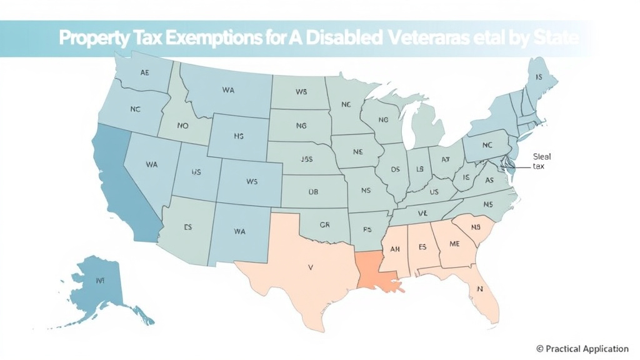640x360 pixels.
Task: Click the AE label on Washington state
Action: [145, 72]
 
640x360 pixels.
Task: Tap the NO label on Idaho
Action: [182, 126]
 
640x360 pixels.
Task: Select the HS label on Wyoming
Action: [238, 136]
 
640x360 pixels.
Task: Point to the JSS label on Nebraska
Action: [306, 159]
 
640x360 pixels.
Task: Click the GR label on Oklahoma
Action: [324, 224]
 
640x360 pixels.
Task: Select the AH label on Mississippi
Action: [395, 249]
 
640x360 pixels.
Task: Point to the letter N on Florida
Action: [481, 289]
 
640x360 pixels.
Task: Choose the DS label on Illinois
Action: [395, 169]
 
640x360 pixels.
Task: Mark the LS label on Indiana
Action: [419, 169]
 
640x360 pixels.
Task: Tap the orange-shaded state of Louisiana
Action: [376, 272]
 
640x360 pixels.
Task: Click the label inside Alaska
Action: [99, 281]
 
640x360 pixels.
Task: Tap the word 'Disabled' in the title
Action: [344, 38]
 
